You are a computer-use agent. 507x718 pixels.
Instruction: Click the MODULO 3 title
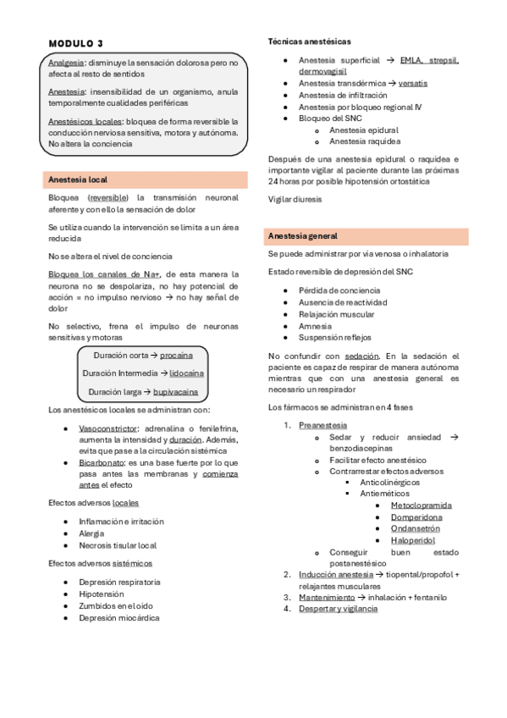(x=76, y=43)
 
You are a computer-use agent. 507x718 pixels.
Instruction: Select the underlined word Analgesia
(x=66, y=63)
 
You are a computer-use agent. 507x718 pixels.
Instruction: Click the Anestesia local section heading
(x=78, y=179)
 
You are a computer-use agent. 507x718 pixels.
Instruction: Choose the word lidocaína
(x=185, y=373)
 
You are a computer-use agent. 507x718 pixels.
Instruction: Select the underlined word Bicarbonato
(x=102, y=463)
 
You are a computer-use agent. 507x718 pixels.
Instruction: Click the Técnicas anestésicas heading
(x=310, y=41)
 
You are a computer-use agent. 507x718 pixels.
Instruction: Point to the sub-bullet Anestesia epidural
(x=363, y=130)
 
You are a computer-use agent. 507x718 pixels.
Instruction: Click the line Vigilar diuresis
(x=295, y=199)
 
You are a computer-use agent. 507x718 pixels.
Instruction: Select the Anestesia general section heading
(x=302, y=235)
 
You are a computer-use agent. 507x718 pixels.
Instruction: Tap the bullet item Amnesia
(x=315, y=326)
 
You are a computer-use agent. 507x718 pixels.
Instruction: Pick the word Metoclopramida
(x=421, y=505)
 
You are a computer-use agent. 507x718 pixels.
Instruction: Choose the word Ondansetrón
(x=416, y=528)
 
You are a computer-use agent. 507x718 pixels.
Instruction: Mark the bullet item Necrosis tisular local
(x=118, y=545)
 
